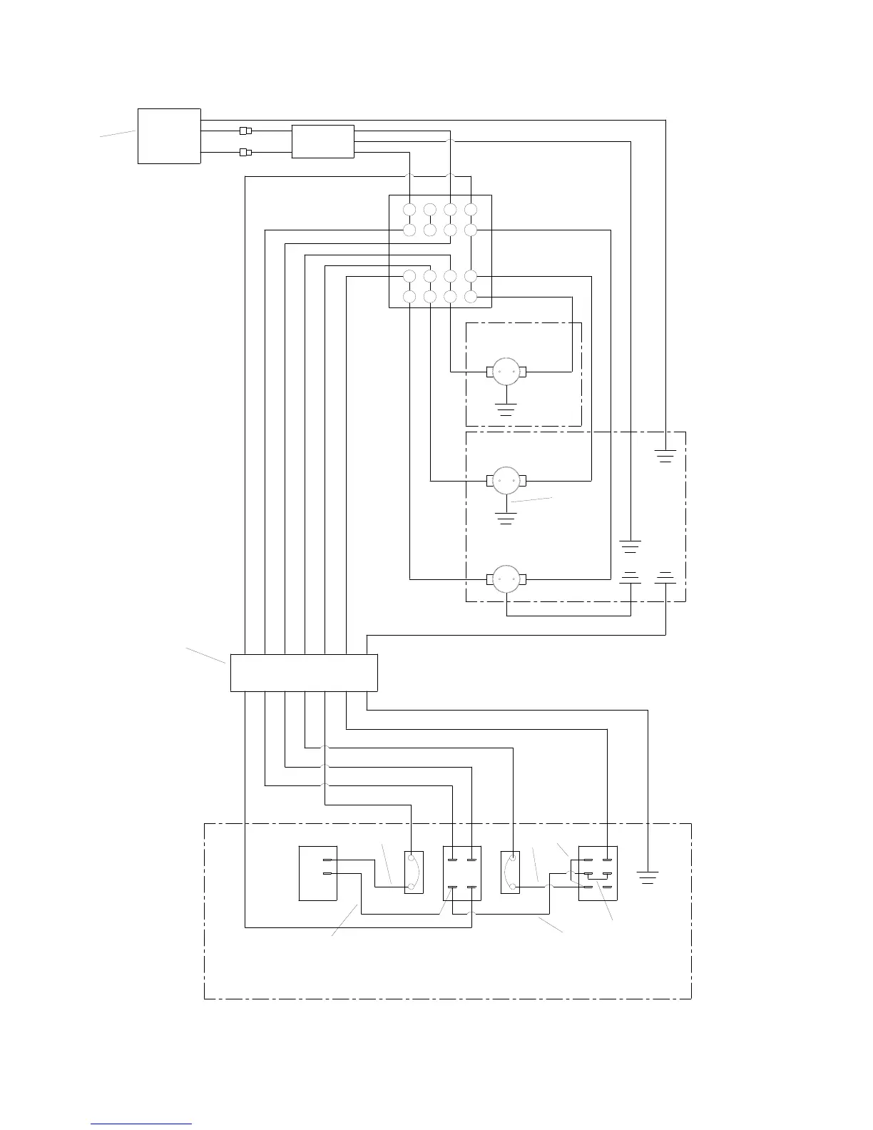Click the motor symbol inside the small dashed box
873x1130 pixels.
[506, 372]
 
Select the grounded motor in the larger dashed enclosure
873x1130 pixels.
[506, 481]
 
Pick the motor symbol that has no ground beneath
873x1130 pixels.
[506, 579]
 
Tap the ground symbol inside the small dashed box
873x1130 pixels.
[506, 409]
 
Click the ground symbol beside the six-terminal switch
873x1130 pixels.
[648, 877]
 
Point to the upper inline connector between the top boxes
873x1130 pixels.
[245, 131]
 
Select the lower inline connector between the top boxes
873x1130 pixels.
[245, 153]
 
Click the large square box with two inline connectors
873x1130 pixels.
[169, 136]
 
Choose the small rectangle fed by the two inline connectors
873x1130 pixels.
[323, 141]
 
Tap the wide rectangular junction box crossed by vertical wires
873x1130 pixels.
[304, 673]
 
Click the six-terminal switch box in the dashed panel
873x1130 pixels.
[598, 873]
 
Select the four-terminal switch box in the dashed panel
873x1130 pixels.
[462, 873]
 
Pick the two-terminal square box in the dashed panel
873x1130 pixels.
[317, 873]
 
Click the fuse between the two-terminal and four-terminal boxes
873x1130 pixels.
[414, 872]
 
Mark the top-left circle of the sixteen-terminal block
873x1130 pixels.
[409, 210]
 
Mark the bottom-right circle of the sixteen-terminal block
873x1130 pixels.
[471, 297]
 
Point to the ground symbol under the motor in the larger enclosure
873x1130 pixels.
[506, 518]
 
